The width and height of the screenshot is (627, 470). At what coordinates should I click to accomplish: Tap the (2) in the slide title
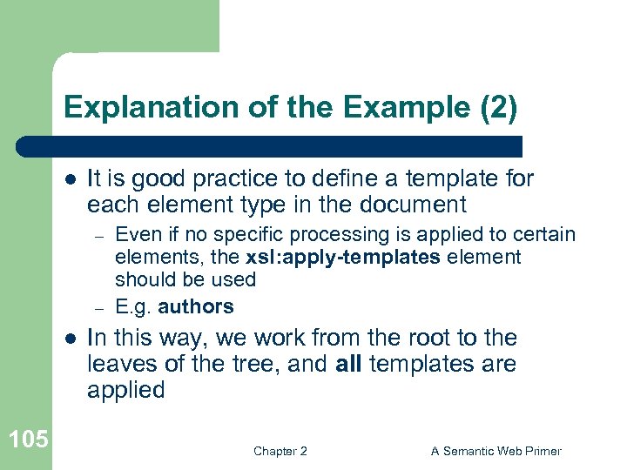[x=496, y=107]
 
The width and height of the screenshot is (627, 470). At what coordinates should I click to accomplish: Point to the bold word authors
[x=196, y=306]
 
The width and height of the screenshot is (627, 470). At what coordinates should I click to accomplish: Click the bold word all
[x=349, y=364]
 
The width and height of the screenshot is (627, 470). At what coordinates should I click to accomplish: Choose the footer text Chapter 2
[x=280, y=451]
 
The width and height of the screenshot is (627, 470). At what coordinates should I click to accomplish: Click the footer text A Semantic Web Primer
[x=496, y=451]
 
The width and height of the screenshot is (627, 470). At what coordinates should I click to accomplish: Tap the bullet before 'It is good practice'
[x=70, y=179]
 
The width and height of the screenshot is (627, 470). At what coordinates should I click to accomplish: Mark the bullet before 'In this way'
[x=70, y=339]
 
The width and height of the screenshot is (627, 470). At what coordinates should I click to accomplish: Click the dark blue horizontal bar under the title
[x=270, y=145]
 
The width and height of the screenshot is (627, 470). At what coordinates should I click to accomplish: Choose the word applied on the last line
[x=125, y=390]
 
